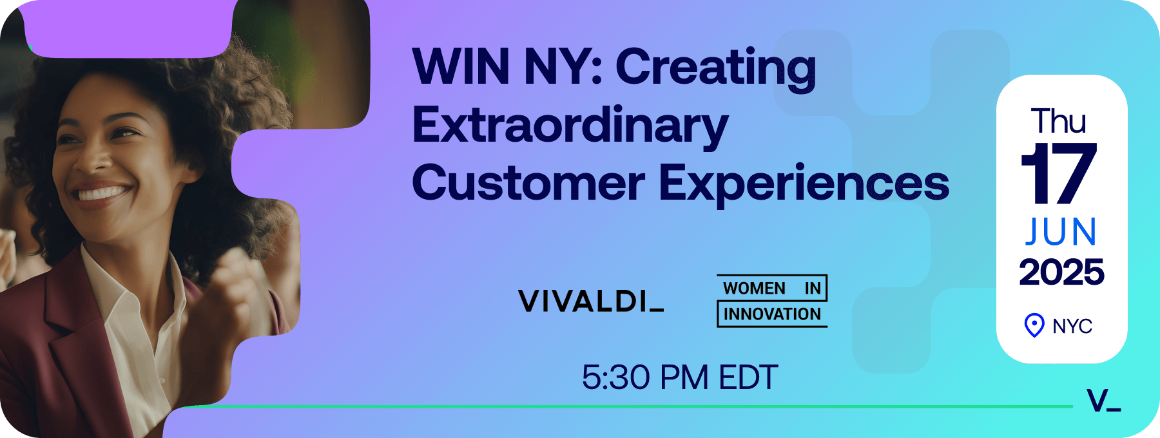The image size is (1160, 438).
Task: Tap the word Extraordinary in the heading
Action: (570, 127)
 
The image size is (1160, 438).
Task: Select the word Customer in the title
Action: (528, 183)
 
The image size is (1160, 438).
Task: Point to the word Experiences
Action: (804, 185)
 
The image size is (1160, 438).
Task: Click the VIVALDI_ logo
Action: (591, 301)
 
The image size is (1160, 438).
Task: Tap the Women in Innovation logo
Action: (772, 301)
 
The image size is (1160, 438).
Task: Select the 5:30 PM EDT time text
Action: (680, 377)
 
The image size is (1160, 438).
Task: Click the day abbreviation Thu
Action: (1059, 121)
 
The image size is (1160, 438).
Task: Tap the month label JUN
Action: (1061, 232)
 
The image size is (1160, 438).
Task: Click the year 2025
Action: (1061, 272)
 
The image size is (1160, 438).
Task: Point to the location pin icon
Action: (1034, 325)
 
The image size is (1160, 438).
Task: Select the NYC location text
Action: (1072, 327)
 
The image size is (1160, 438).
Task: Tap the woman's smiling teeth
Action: (101, 193)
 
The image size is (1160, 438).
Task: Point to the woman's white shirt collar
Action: (122, 283)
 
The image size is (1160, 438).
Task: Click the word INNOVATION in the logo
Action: (772, 314)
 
